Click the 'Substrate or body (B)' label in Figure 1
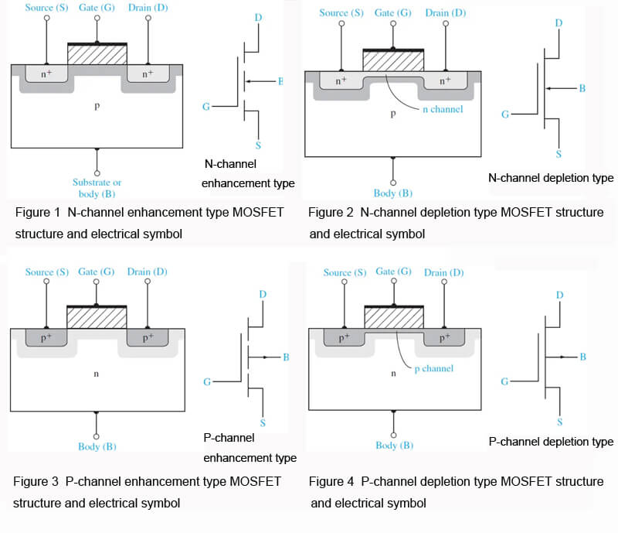[x=97, y=188]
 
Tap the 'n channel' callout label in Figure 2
[x=443, y=110]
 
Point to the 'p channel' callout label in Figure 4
[x=433, y=369]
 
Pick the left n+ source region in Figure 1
[x=47, y=73]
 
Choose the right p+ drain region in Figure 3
[x=147, y=338]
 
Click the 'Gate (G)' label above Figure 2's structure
[x=393, y=13]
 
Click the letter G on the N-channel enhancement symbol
[x=206, y=106]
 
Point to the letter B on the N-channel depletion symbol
[x=582, y=88]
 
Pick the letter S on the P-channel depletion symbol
[x=559, y=422]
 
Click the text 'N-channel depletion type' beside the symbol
[x=551, y=178]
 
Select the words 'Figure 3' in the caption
[x=36, y=481]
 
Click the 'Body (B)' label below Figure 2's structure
[x=393, y=193]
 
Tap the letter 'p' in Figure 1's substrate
[x=97, y=106]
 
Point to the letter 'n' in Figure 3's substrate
[x=97, y=374]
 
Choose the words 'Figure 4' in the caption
[x=332, y=481]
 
